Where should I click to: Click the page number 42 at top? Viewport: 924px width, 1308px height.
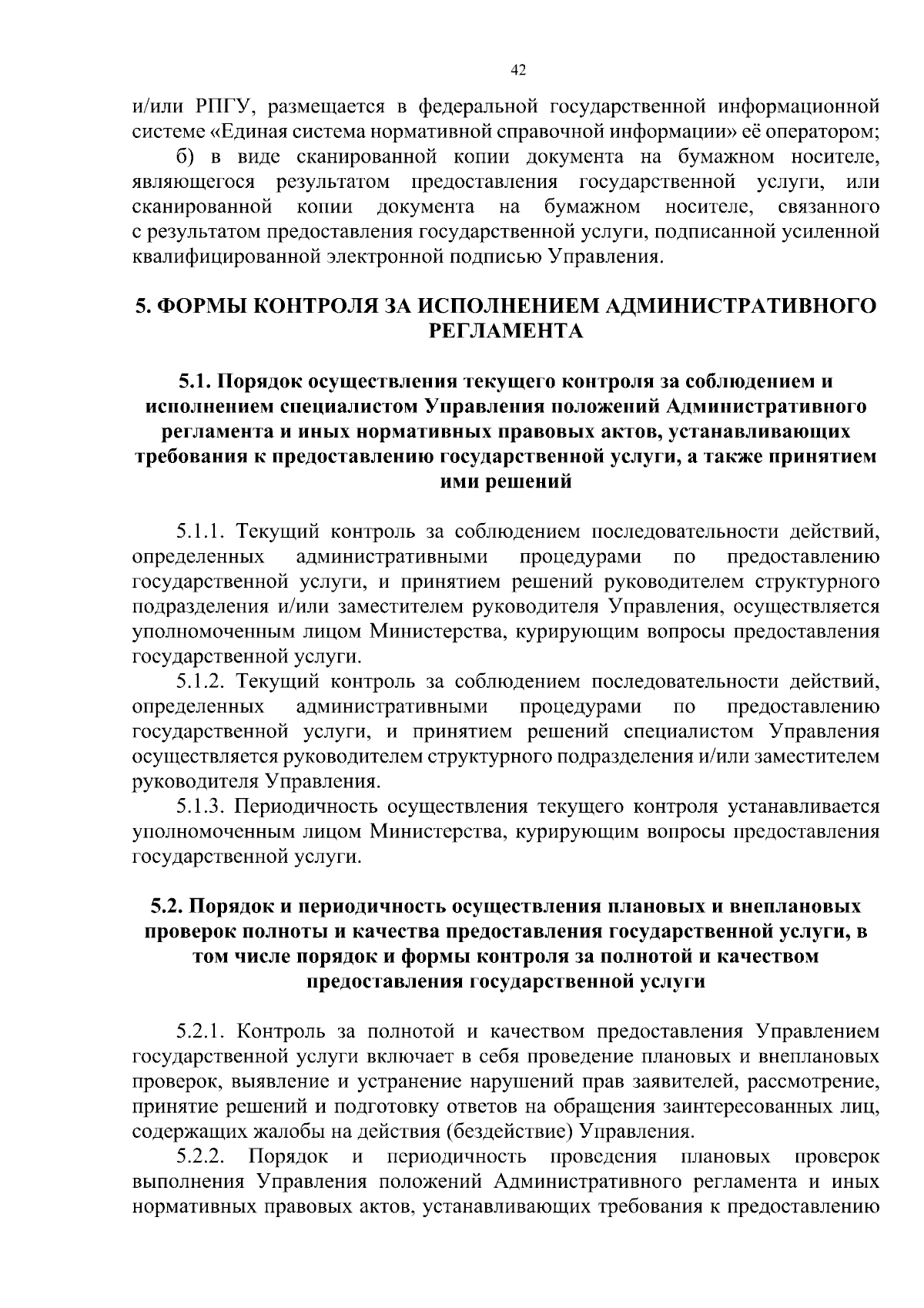(517, 70)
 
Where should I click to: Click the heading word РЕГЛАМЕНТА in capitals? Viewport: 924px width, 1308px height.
(505, 331)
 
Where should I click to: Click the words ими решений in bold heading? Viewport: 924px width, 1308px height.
(505, 481)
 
